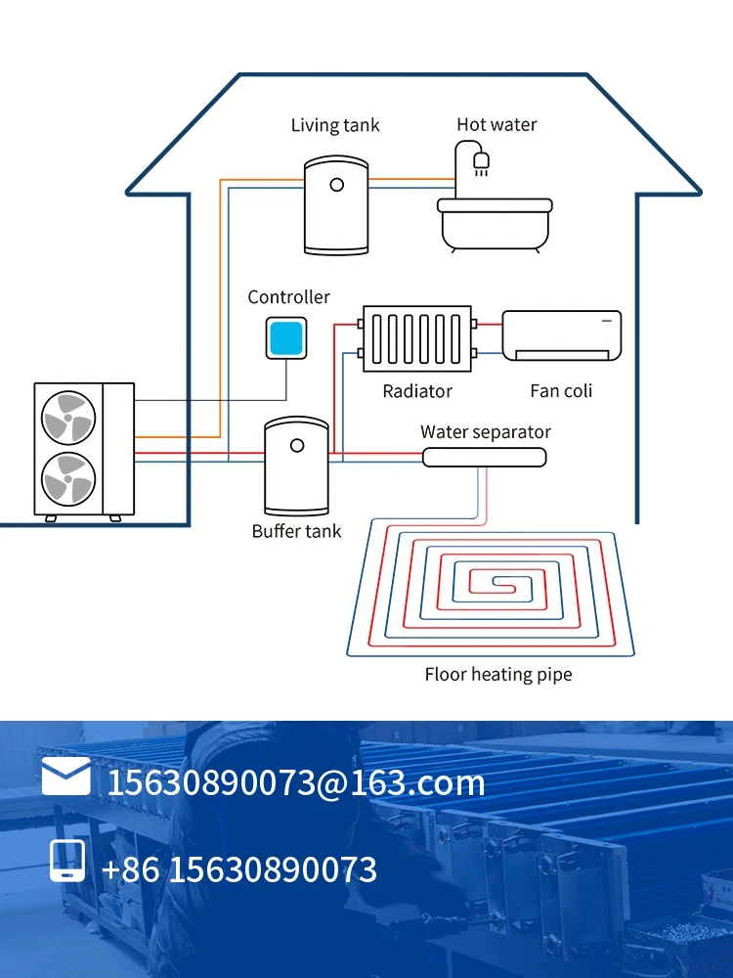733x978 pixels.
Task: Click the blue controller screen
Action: [286, 338]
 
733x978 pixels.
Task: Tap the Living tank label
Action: [335, 125]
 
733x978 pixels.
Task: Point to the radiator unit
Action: [417, 338]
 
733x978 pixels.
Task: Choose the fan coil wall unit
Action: [562, 334]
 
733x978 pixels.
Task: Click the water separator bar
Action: [485, 457]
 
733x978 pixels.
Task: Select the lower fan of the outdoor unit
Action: [68, 479]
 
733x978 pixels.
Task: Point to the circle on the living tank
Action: [336, 185]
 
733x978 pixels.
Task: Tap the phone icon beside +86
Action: [67, 863]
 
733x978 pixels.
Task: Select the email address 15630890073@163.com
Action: [295, 782]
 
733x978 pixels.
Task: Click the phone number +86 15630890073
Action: [239, 869]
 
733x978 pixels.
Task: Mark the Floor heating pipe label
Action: [498, 674]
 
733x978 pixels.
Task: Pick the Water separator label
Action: [486, 432]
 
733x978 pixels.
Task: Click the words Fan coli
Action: [561, 391]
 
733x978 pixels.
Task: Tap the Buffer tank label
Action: [297, 531]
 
